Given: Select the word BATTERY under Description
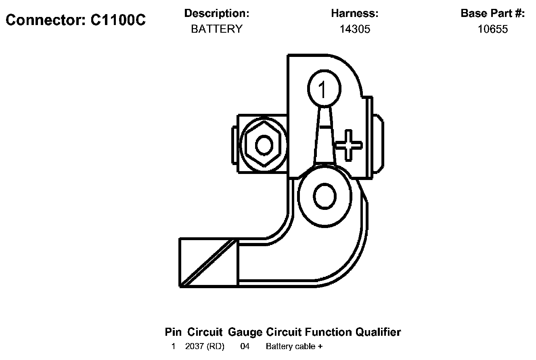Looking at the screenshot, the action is pyautogui.click(x=217, y=29).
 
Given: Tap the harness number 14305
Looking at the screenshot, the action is pyautogui.click(x=355, y=29).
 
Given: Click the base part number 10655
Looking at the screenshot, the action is pyautogui.click(x=493, y=29).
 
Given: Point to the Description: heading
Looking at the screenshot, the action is pyautogui.click(x=217, y=13).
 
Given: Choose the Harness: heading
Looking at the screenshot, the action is pyautogui.click(x=355, y=13).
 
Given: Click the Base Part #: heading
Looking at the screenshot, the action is pyautogui.click(x=493, y=13).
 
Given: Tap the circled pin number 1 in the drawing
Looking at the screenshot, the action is pyautogui.click(x=324, y=89).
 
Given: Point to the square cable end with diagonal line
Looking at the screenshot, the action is pyautogui.click(x=208, y=262).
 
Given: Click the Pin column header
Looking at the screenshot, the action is pyautogui.click(x=174, y=332).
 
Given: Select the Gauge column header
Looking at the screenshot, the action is pyautogui.click(x=245, y=332).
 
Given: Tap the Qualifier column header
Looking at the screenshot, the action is pyautogui.click(x=378, y=332).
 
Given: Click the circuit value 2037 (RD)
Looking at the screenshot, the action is pyautogui.click(x=205, y=346).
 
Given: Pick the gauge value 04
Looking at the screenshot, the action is pyautogui.click(x=245, y=346).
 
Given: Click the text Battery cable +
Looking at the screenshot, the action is pyautogui.click(x=294, y=346).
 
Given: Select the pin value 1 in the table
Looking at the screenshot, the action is pyautogui.click(x=174, y=346).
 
